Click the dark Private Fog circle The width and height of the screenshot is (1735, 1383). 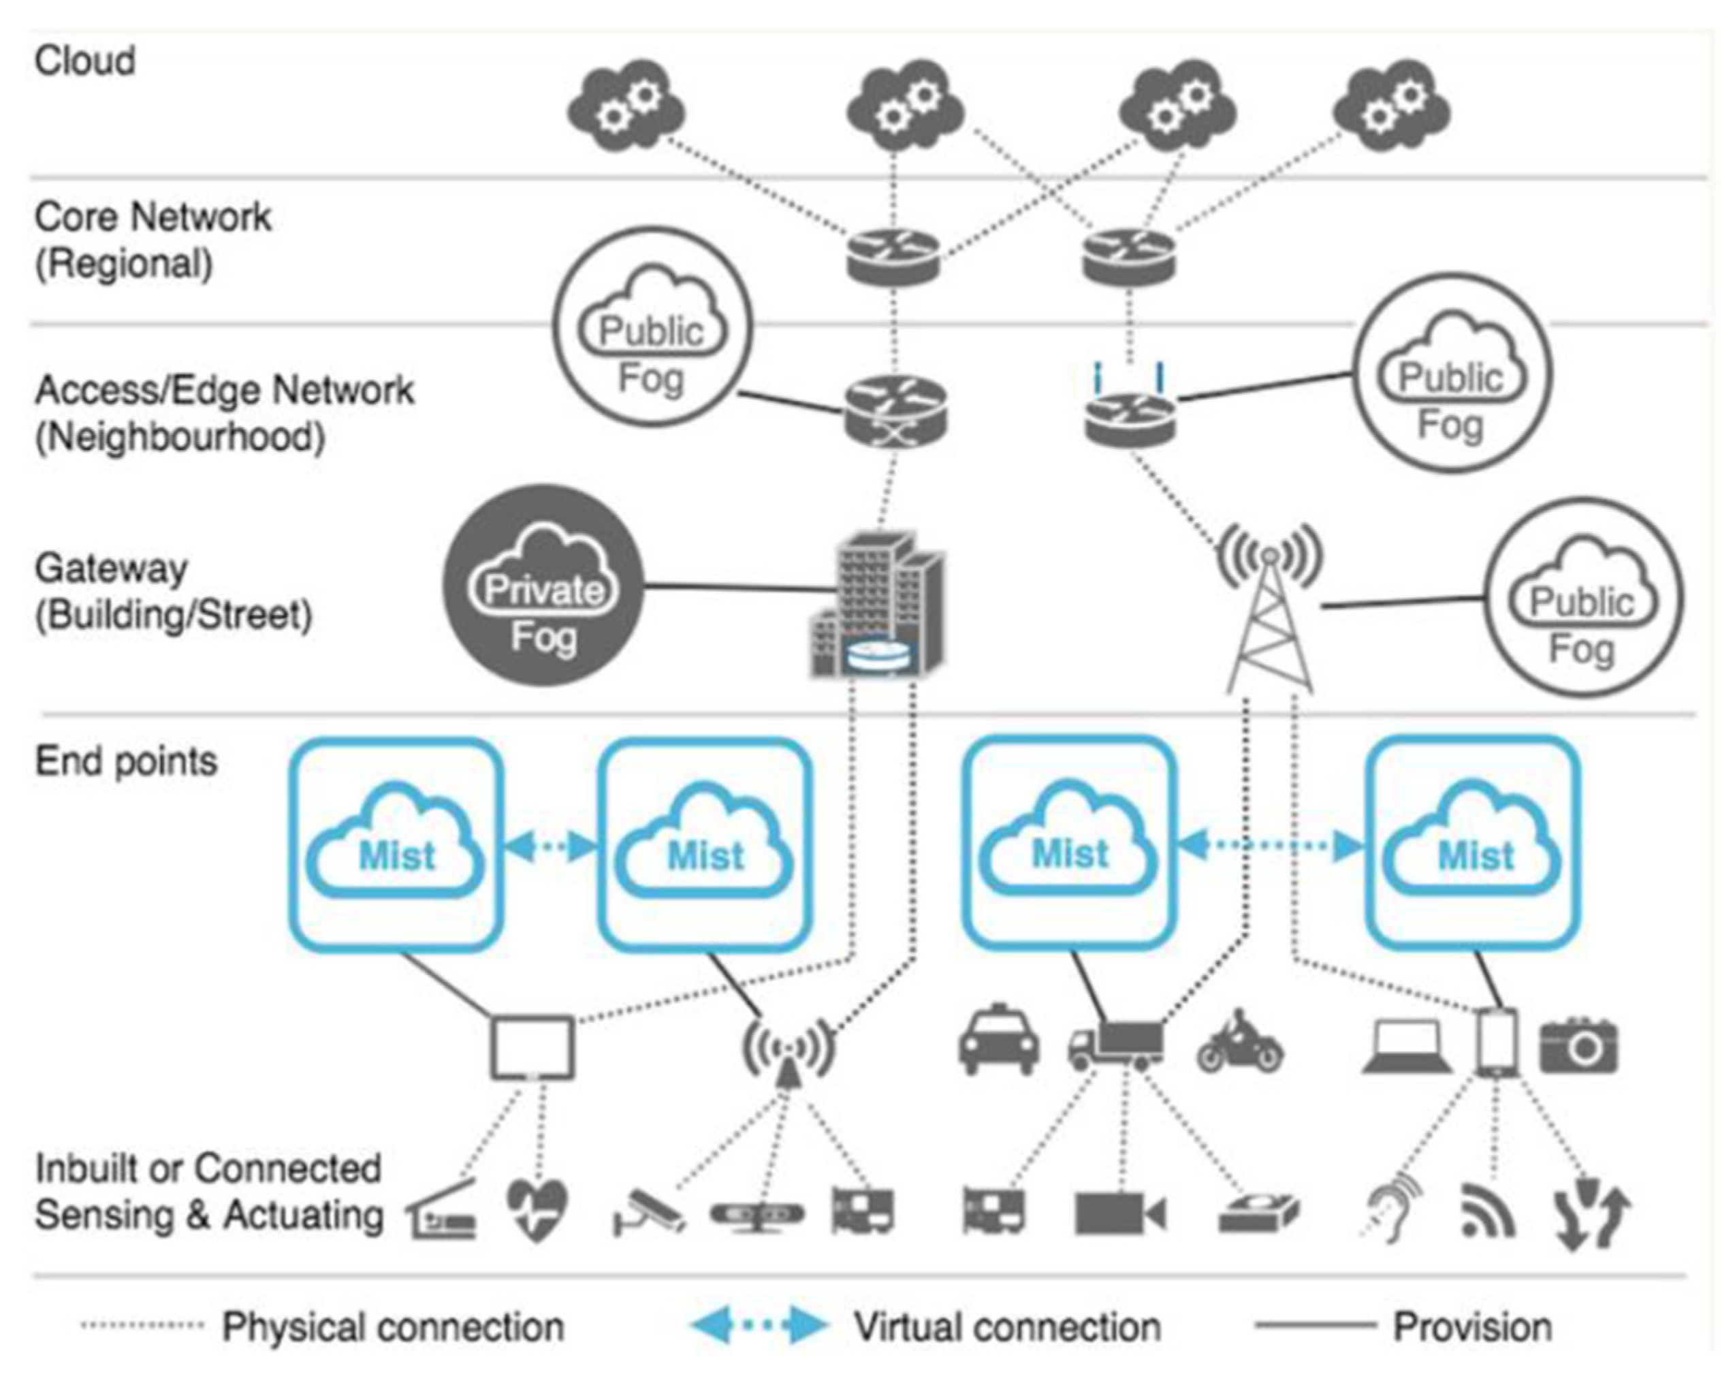543,585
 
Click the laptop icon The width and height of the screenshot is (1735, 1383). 1407,1047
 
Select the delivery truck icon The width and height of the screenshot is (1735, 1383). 1116,1045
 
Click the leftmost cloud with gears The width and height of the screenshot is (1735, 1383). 626,110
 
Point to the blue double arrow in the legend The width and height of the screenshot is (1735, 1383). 759,1325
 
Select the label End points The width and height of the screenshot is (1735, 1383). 127,761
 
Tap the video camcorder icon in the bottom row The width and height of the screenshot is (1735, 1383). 1119,1213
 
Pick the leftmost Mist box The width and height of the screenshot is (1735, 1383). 396,844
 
